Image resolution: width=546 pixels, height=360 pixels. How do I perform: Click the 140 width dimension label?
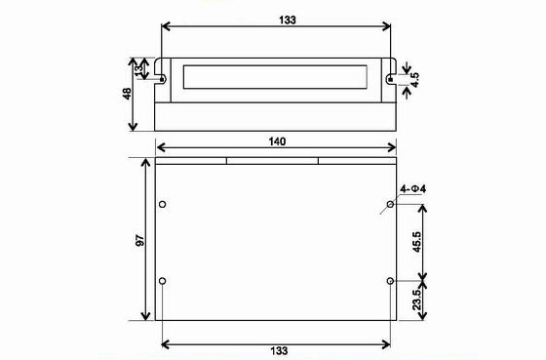pyautogui.click(x=277, y=141)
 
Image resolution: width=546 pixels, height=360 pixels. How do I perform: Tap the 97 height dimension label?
pyautogui.click(x=139, y=240)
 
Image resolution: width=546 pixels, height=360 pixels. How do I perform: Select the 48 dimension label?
pyautogui.click(x=127, y=94)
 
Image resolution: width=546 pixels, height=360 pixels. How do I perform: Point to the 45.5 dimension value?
pyautogui.click(x=417, y=242)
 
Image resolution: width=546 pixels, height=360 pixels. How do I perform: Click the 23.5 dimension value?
pyautogui.click(x=417, y=300)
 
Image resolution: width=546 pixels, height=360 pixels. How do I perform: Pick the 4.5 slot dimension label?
pyautogui.click(x=414, y=80)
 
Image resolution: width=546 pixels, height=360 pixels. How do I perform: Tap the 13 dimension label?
pyautogui.click(x=138, y=68)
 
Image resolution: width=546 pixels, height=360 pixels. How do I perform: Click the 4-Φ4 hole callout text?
pyautogui.click(x=413, y=189)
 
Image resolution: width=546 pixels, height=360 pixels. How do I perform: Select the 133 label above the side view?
pyautogui.click(x=288, y=20)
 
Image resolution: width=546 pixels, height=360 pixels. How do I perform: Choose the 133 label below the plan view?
pyautogui.click(x=279, y=350)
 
